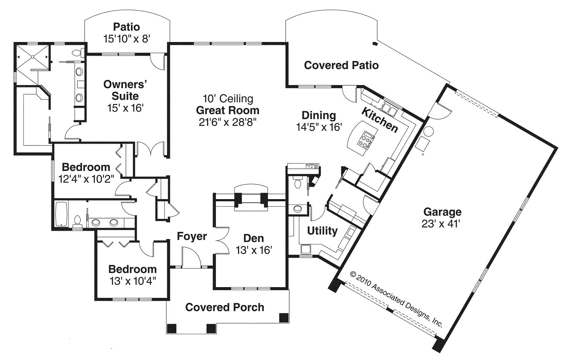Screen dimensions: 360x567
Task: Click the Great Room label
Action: click(228, 110)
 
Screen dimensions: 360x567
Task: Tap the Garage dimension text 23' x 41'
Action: click(441, 224)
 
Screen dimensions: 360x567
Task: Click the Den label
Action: click(253, 238)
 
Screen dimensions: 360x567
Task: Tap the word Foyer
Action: click(192, 236)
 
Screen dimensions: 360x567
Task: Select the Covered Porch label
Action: click(225, 307)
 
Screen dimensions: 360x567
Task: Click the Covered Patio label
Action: click(341, 65)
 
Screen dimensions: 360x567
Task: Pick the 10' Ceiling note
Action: click(228, 98)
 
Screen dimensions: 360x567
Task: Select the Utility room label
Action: click(322, 231)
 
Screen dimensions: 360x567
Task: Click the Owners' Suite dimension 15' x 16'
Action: click(125, 108)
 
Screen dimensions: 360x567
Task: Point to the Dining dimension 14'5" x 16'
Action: click(319, 127)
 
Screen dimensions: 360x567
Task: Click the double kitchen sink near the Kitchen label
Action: click(389, 109)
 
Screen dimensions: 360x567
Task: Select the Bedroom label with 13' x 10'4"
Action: click(132, 269)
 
